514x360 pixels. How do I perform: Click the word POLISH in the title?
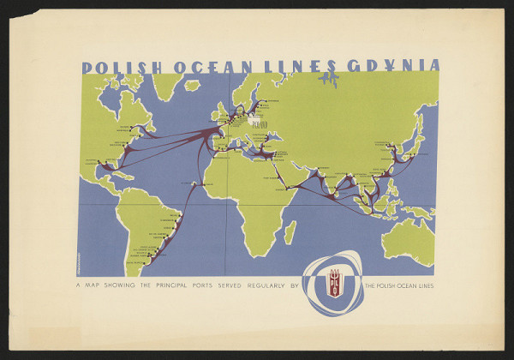pos(116,66)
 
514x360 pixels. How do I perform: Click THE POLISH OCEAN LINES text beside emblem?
pos(398,285)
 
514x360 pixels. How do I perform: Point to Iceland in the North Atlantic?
pos(193,86)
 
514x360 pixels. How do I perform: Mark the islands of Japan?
pos(415,137)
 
